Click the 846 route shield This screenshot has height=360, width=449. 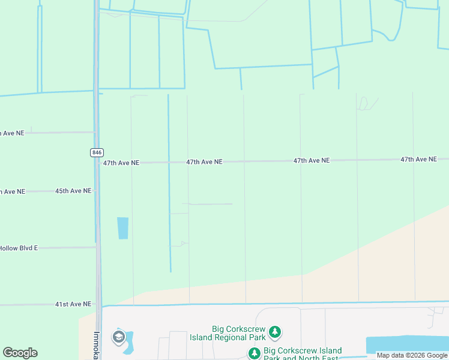coord(97,152)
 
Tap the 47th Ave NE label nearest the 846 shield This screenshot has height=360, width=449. coord(121,163)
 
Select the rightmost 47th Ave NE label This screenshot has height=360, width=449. coord(418,159)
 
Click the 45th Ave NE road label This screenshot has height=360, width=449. coord(73,191)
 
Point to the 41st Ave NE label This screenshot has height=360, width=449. coord(73,304)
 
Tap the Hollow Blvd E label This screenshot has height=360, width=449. coord(19,248)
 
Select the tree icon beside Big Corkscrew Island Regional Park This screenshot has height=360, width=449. coord(275,332)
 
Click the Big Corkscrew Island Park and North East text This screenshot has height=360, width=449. coord(303,354)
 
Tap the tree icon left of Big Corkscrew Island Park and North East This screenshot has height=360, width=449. coord(254,353)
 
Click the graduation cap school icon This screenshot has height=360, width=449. coord(118,338)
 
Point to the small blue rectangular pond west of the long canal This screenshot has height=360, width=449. coord(123,228)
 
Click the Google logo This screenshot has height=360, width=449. coord(20,353)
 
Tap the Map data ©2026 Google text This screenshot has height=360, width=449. coord(412,355)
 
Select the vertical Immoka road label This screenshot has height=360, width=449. coord(96,345)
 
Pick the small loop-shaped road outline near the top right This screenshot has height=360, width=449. coord(363,104)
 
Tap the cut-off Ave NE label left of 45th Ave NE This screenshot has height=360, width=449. coord(13,191)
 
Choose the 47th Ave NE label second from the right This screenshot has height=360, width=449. coord(312,161)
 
